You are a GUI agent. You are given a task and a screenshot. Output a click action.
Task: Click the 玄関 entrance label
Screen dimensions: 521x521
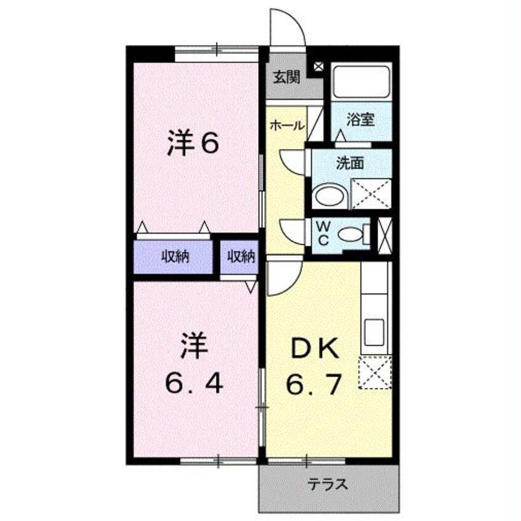click(286, 78)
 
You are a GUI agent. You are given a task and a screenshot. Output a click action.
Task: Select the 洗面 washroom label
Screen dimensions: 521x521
click(349, 164)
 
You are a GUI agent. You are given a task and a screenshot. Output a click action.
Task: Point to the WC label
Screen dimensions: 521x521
click(323, 233)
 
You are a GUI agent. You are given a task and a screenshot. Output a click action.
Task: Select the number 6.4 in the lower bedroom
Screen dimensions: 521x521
click(193, 385)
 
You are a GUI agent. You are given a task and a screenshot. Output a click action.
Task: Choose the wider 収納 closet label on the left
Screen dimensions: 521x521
click(176, 257)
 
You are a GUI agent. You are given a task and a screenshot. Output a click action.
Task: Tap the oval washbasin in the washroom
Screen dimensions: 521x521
click(331, 197)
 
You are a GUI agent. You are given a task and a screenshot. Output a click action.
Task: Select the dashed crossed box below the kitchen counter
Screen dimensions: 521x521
click(376, 373)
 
